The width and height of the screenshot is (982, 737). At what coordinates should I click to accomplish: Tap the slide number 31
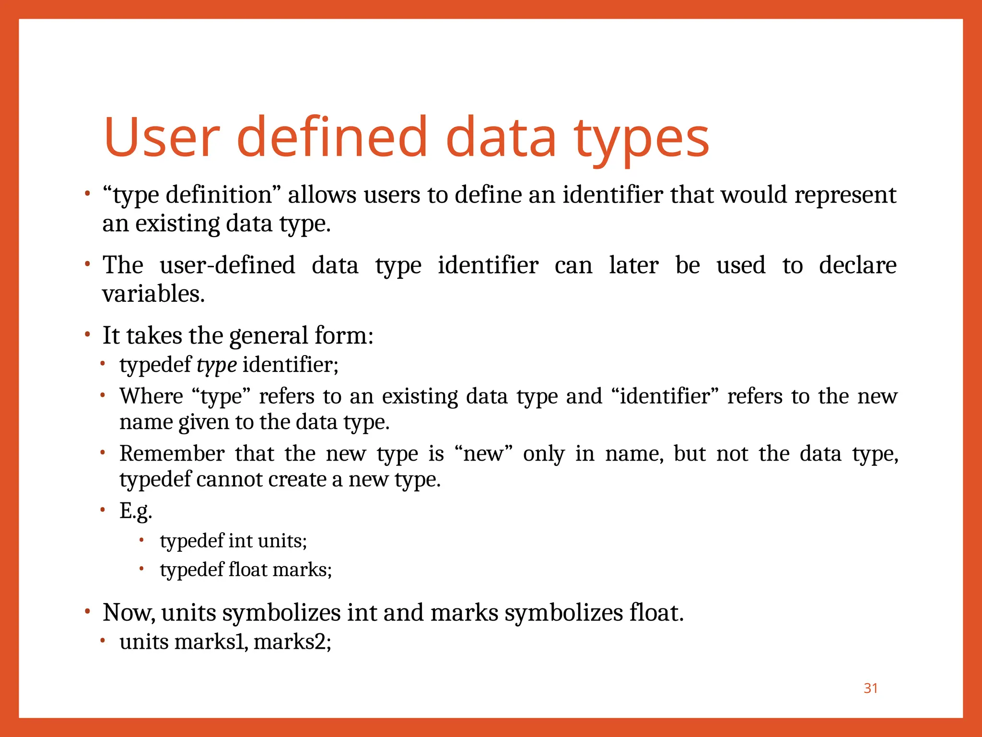tap(870, 688)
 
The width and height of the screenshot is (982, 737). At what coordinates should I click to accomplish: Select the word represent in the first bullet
tap(845, 195)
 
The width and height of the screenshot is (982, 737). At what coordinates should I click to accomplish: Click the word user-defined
tap(227, 265)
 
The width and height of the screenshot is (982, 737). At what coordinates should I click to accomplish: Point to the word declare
tap(857, 265)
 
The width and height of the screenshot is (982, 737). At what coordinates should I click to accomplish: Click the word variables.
tap(153, 294)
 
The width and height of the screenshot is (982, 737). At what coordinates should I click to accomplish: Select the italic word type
tap(216, 365)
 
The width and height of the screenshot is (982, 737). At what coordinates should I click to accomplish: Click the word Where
tap(151, 396)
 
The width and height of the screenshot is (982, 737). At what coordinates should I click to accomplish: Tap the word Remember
tap(172, 453)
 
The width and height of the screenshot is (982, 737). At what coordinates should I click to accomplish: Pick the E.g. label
tap(136, 511)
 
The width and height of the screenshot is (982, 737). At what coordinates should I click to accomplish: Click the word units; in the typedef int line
tap(282, 541)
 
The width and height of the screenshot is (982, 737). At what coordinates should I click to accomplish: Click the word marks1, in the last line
tap(211, 642)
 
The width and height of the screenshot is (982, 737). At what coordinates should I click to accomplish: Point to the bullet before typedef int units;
tap(141, 540)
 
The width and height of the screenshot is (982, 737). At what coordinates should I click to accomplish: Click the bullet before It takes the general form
tap(87, 334)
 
